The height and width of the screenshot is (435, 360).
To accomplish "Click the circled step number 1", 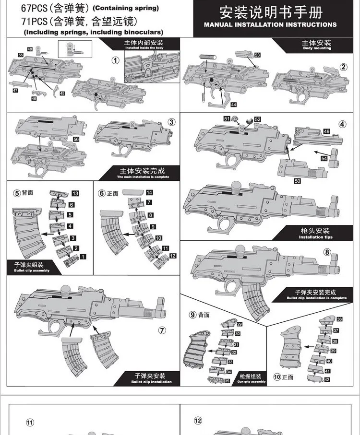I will point(115,60).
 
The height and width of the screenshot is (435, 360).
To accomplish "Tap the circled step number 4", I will point(342,124).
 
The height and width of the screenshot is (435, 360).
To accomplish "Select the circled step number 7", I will point(162,330).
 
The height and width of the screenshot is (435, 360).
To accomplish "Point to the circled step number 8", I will point(327,252).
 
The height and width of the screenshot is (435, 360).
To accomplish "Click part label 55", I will point(21,56).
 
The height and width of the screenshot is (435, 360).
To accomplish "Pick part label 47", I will point(15,90).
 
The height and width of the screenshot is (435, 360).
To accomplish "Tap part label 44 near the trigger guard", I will point(233,104).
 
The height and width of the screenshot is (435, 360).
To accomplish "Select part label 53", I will point(257,56).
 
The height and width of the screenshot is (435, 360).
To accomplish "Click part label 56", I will point(76,139).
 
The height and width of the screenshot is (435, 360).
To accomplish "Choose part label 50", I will point(297,181).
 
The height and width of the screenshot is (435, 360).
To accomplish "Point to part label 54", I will point(324,158).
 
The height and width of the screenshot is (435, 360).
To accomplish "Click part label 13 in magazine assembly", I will point(75,193).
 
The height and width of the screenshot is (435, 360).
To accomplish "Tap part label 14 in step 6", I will point(149,192).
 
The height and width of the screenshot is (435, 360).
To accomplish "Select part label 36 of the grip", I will point(339,319).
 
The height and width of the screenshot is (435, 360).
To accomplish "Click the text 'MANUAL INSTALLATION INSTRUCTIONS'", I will point(270,24).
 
